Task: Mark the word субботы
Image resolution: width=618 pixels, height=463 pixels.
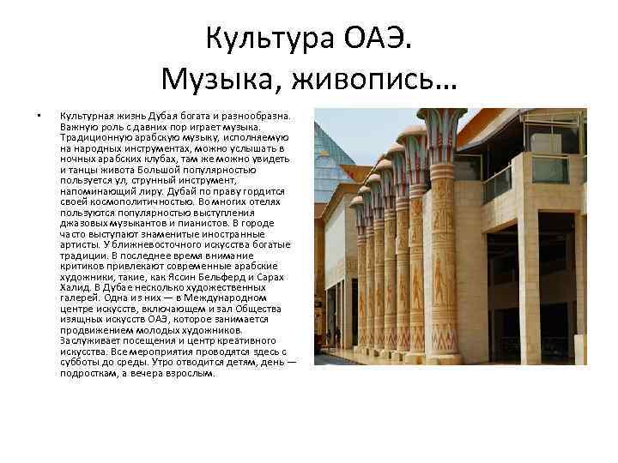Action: click(83, 364)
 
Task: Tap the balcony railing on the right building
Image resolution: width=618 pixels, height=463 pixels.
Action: click(498, 184)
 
